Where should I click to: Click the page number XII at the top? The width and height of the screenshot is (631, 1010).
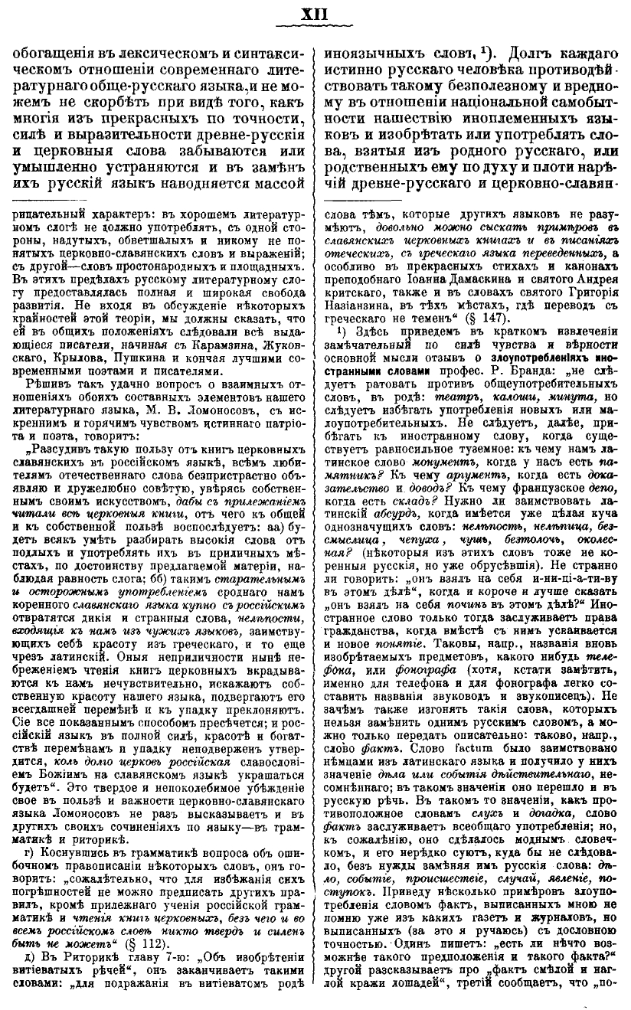coord(315,13)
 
